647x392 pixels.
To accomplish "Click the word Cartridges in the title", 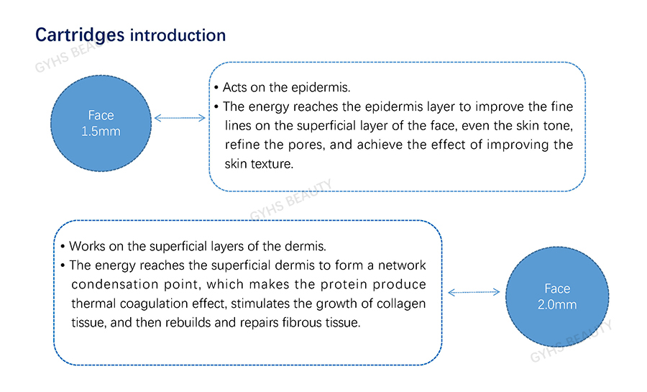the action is pos(80,35).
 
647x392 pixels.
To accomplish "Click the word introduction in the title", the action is pos(178,35).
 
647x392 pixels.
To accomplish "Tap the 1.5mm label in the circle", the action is pos(101,131).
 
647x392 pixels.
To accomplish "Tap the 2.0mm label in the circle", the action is pos(557,304).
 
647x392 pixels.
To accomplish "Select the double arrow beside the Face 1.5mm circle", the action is pos(180,118).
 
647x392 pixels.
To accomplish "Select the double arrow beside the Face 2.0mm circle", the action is pos(474,292).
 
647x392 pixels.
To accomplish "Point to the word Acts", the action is pos(235,88).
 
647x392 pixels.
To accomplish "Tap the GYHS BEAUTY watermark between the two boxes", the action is pos(291,200).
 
